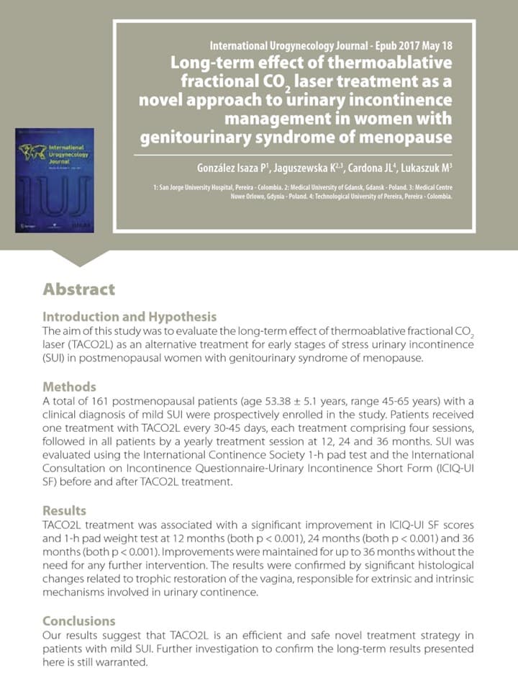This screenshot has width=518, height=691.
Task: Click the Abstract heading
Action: tap(78, 289)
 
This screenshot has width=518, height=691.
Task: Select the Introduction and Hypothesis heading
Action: tap(129, 317)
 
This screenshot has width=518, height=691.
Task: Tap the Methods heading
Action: tap(69, 387)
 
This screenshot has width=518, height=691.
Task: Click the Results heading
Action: tap(64, 511)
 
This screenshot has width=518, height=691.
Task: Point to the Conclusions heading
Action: tap(79, 620)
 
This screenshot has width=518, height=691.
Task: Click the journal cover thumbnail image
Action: tap(55, 180)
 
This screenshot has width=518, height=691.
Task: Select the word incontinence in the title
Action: tap(402, 99)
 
